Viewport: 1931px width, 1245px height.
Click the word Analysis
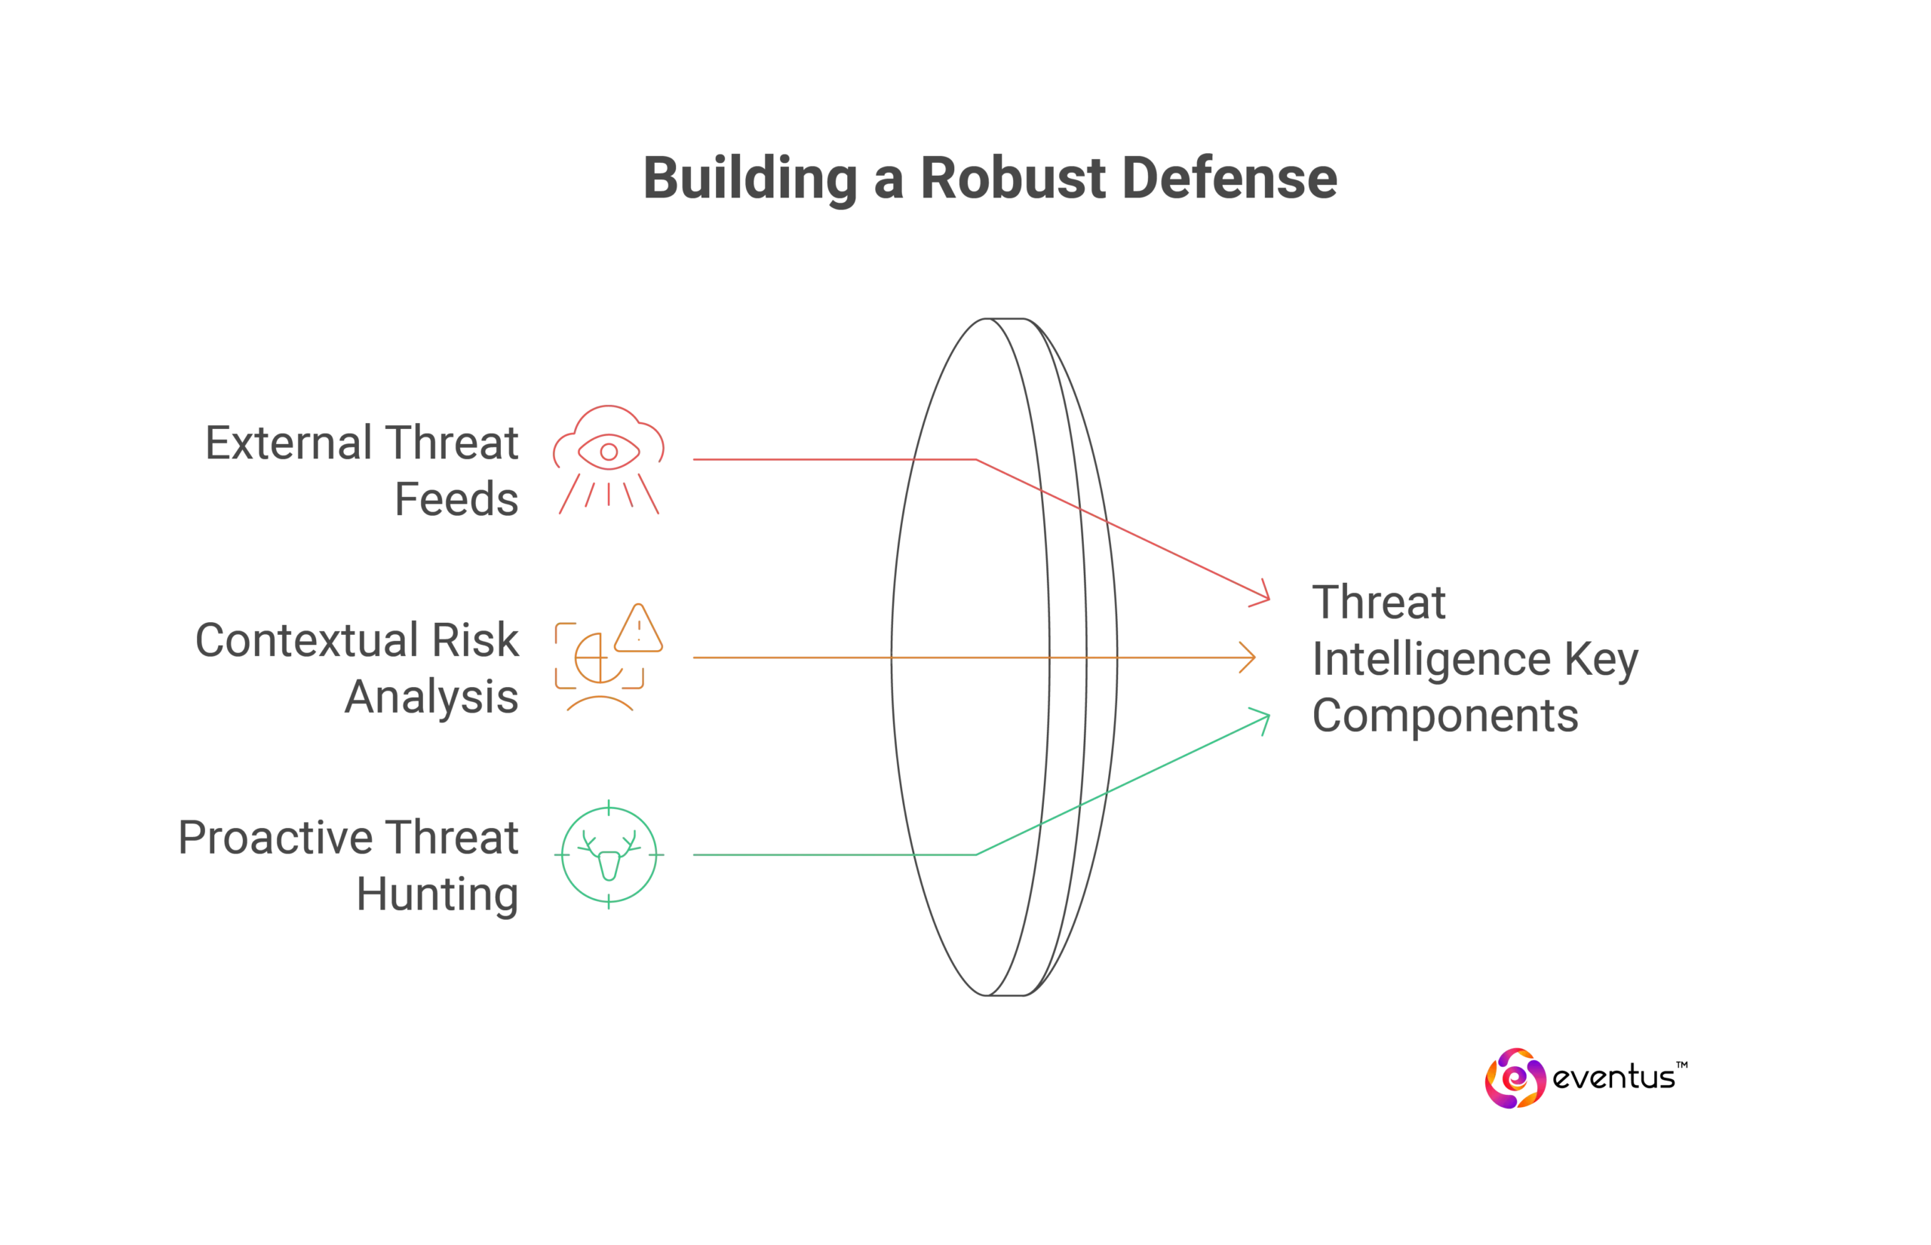coord(431,698)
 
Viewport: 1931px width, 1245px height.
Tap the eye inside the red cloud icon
coord(609,451)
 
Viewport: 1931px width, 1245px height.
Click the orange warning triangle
coord(639,630)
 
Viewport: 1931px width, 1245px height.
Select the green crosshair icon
coord(609,854)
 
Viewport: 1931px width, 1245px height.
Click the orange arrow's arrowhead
coord(1250,658)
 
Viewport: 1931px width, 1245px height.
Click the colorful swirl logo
coord(1516,1078)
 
